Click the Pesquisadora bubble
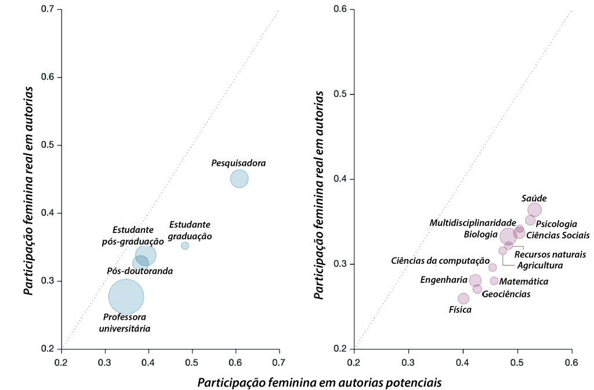tap(239, 178)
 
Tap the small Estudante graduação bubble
tap(185, 246)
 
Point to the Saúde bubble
tap(534, 210)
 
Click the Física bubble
tap(463, 298)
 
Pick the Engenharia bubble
tap(475, 280)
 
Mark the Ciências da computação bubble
tap(492, 267)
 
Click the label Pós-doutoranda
tap(140, 271)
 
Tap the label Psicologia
tap(556, 224)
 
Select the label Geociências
tap(506, 294)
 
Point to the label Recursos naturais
tap(550, 254)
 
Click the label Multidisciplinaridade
tap(473, 223)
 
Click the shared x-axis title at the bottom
tap(320, 382)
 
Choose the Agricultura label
tap(539, 265)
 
